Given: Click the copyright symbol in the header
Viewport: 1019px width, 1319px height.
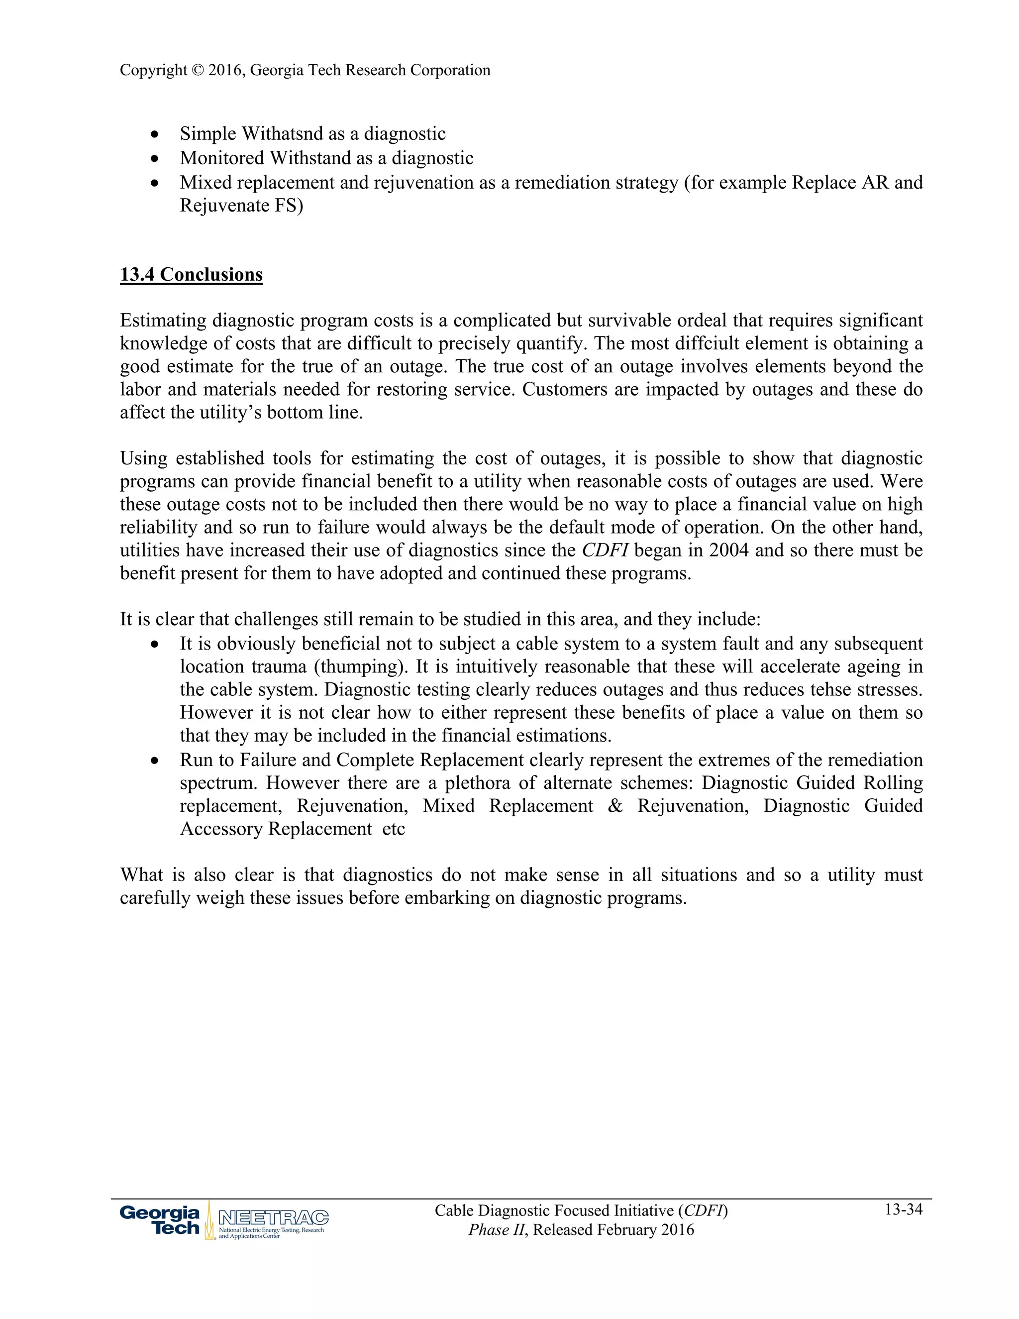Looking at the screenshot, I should tap(198, 71).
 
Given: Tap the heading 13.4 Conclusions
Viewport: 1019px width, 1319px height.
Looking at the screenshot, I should tap(192, 274).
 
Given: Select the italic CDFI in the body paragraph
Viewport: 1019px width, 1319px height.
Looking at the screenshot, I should tap(605, 550).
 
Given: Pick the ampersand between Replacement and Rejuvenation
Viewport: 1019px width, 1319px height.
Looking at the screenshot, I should tap(615, 806).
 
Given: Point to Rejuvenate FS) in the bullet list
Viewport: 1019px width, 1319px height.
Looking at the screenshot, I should tap(241, 206).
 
